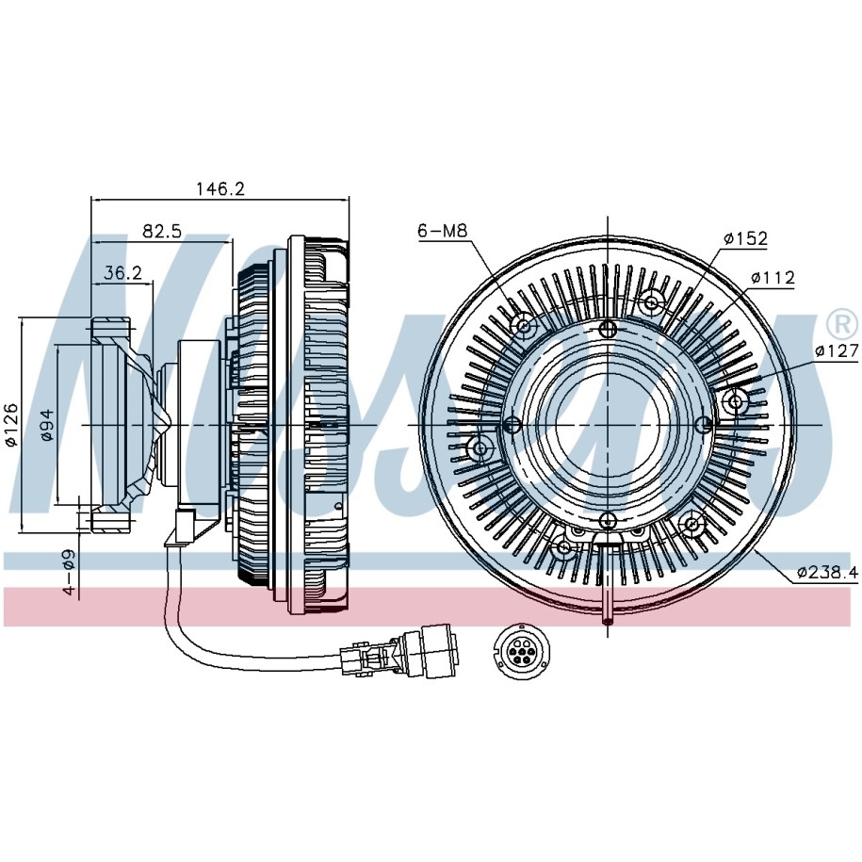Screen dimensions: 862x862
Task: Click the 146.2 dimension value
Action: [x=220, y=188]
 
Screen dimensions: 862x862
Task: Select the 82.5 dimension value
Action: [x=162, y=231]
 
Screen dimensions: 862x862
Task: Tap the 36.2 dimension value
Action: [x=122, y=272]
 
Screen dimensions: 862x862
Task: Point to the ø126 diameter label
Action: [x=12, y=425]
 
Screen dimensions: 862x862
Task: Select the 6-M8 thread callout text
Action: [x=444, y=230]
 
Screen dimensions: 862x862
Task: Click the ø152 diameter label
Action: [x=745, y=239]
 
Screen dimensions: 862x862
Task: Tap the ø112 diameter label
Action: [x=773, y=278]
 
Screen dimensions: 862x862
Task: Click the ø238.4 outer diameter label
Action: [x=826, y=571]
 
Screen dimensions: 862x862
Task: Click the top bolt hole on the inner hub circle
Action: [x=608, y=329]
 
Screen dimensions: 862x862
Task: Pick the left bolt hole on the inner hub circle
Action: [x=512, y=425]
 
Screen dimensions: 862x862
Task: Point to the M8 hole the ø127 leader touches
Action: [x=737, y=401]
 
